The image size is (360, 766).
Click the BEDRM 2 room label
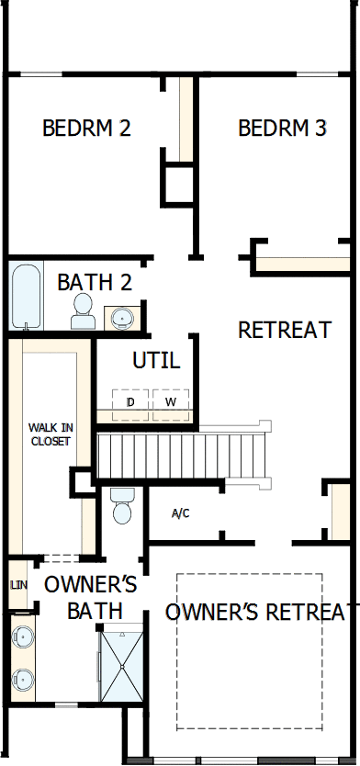pos(86,129)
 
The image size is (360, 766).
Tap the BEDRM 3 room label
pos(282,129)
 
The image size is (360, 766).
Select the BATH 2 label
pos(95,282)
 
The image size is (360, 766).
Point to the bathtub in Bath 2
pos(26,296)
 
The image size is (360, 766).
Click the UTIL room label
pos(156,360)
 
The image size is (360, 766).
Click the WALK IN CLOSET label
pos(50,434)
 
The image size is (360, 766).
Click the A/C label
pos(180,513)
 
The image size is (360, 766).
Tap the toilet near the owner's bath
pos(121,505)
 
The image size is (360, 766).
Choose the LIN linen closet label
pos(17,584)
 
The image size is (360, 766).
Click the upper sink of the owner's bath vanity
pos(23,636)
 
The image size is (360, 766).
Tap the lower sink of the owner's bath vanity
pos(23,681)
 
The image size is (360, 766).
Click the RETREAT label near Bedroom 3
pos(285,330)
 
